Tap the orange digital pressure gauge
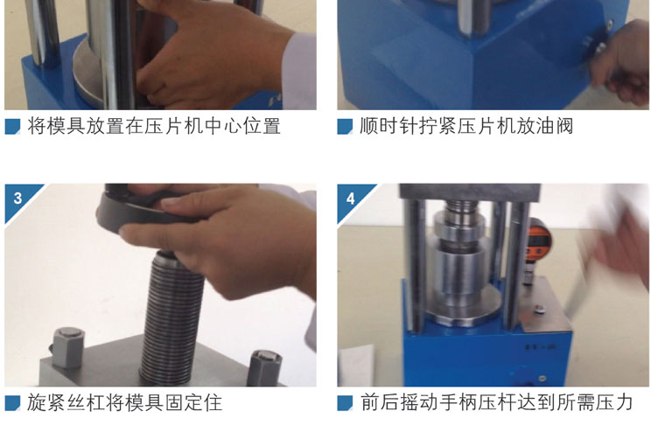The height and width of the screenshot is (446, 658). point(539,239)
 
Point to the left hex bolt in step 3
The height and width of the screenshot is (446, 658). point(67,347)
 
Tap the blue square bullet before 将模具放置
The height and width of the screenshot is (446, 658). point(12,127)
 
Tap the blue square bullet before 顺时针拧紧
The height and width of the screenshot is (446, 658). point(345,127)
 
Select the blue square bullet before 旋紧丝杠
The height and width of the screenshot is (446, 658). point(12,403)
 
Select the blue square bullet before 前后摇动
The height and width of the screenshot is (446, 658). point(345,403)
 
